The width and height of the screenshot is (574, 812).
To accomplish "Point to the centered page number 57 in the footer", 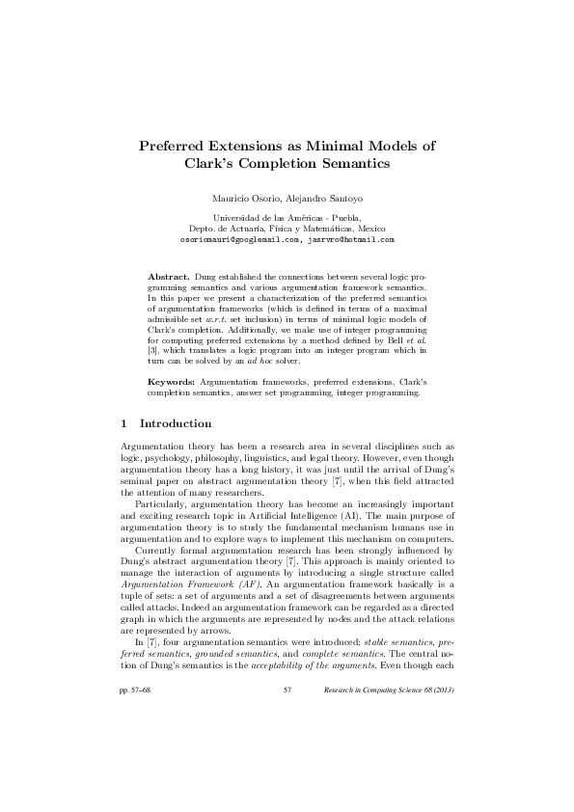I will point(287,744).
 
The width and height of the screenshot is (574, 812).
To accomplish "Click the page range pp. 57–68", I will point(134,744).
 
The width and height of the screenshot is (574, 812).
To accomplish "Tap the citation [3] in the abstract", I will point(152,349).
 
